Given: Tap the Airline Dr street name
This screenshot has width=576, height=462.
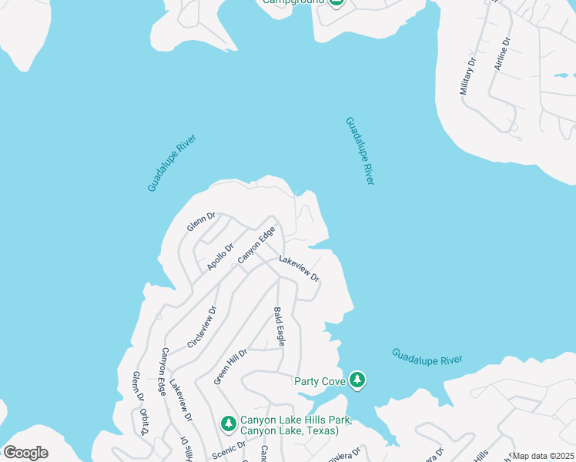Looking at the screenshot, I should [503, 54].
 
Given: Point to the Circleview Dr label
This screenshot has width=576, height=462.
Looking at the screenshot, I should [203, 326].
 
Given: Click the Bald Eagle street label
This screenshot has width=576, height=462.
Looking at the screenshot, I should [280, 326].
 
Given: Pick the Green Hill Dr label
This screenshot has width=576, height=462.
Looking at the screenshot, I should [230, 366].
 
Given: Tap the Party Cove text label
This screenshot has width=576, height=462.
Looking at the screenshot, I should [319, 380].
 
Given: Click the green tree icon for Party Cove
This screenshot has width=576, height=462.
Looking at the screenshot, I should [357, 380].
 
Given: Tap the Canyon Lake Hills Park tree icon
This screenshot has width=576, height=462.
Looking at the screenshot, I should [228, 423].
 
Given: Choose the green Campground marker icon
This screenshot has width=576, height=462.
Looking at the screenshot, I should [336, 2].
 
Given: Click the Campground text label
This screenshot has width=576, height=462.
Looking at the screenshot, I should [292, 2].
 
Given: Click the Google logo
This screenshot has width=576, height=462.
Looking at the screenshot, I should [25, 453].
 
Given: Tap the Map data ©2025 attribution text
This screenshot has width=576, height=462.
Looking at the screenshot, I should [542, 456].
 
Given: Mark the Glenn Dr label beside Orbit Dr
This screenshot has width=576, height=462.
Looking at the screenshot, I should [138, 387].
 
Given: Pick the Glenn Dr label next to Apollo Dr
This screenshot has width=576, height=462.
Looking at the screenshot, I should [200, 223].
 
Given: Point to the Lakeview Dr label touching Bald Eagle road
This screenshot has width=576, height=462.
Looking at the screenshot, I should [299, 269].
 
